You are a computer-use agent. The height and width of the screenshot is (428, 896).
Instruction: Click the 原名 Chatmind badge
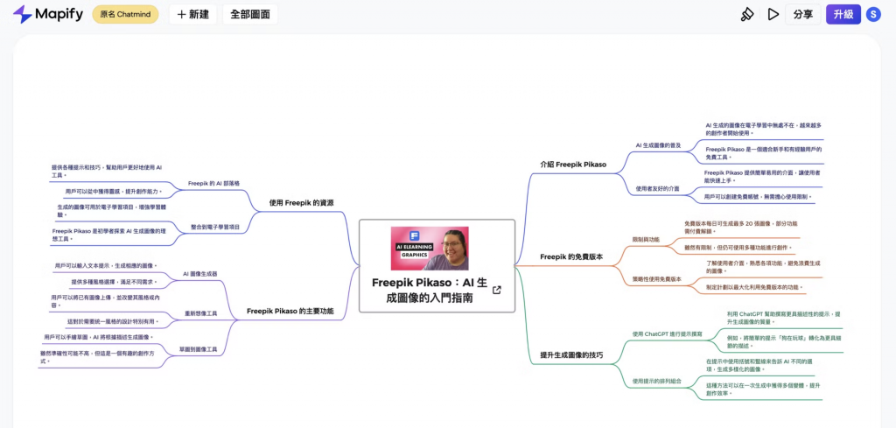[x=125, y=14]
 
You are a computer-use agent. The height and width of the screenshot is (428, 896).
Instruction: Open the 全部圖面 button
[x=250, y=14]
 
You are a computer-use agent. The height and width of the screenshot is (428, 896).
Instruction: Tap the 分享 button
[x=803, y=14]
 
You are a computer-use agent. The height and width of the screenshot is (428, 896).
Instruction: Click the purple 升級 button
[x=843, y=14]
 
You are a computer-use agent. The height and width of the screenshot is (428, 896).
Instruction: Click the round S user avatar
[x=873, y=14]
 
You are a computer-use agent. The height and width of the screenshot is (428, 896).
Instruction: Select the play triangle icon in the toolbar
[x=773, y=14]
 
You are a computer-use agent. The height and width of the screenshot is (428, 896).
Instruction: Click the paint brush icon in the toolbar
[x=746, y=14]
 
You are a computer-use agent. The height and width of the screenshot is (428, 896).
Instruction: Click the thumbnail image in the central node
[x=429, y=249]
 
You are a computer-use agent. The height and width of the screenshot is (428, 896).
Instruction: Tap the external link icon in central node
[x=497, y=291]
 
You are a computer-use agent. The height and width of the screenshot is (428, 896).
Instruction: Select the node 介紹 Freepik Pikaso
[x=573, y=164]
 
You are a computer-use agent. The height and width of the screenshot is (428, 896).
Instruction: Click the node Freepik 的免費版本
[x=571, y=256]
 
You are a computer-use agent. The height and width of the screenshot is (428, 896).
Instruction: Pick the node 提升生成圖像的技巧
[x=571, y=354]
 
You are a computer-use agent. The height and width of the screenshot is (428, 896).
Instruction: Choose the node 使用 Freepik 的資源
[x=301, y=203]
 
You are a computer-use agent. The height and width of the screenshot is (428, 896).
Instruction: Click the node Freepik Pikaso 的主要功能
[x=290, y=310]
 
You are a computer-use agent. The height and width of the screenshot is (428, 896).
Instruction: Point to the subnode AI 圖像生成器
[x=200, y=274]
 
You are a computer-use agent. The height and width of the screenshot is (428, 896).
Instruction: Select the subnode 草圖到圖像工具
[x=198, y=348]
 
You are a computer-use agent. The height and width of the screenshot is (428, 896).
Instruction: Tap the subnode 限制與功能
[x=646, y=239]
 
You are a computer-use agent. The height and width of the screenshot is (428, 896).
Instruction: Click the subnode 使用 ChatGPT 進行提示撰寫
[x=668, y=333]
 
